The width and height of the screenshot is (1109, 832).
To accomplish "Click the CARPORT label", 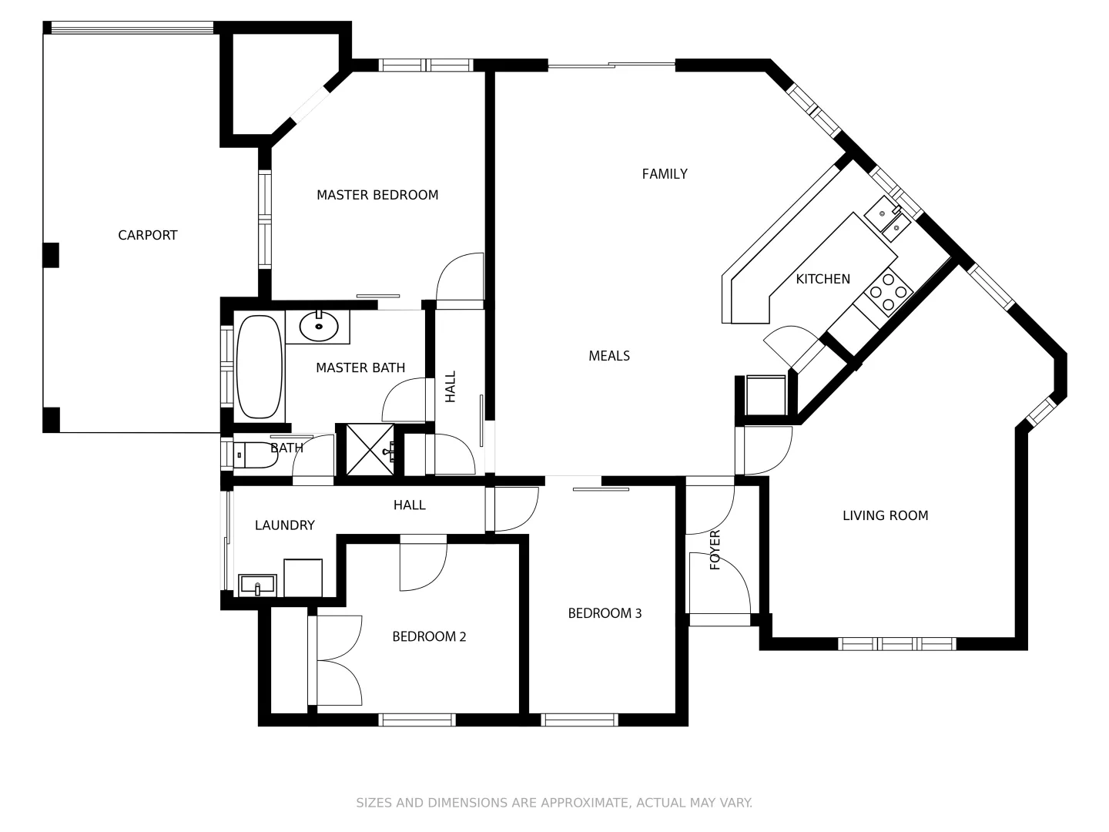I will (147, 235).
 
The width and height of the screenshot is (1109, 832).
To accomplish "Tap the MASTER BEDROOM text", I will (377, 195).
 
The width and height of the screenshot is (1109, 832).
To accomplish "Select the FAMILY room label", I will (665, 174).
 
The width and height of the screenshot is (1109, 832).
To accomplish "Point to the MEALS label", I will (609, 356).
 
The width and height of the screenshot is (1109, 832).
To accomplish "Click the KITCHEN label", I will (823, 279).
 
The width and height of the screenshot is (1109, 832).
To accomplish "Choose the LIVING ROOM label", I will (885, 515).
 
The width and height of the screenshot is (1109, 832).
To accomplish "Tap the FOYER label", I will (715, 549).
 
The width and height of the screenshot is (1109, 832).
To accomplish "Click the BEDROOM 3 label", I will (605, 613).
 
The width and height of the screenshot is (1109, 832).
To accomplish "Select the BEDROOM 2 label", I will (429, 636).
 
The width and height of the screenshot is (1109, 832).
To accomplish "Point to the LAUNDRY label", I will (284, 525).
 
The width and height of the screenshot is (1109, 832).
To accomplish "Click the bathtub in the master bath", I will (259, 367).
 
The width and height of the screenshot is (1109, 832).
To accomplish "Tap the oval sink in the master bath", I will (318, 327).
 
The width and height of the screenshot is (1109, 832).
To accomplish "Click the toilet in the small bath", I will (255, 455).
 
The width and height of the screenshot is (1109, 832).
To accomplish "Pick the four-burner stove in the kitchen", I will (888, 293).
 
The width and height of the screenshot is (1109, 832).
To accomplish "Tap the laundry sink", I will (257, 585).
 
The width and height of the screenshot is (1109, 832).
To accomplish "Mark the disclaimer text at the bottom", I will (554, 803).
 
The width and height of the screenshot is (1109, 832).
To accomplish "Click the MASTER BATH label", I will (360, 368).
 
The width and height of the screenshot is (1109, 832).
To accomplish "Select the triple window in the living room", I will (896, 644).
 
